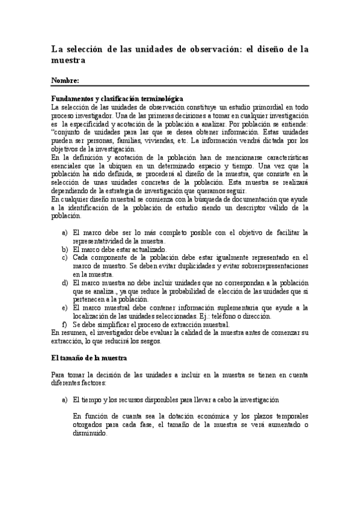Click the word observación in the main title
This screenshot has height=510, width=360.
(210, 49)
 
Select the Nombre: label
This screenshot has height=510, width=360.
(65, 81)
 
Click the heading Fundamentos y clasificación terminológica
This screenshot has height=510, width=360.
(117, 98)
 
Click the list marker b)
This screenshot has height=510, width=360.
(64, 249)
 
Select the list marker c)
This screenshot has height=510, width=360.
(64, 257)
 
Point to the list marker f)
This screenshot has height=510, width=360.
(64, 324)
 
